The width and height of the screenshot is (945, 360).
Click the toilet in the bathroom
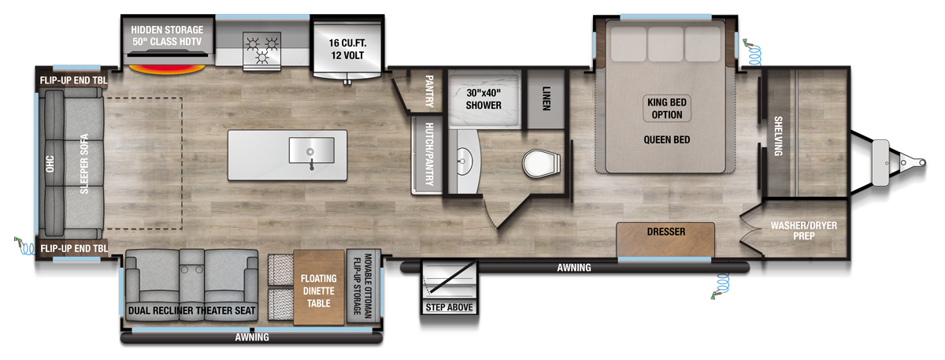(542, 163)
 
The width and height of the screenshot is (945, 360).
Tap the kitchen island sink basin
(313, 149)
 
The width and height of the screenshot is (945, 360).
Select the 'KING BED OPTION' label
(668, 109)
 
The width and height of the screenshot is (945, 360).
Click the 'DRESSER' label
(665, 232)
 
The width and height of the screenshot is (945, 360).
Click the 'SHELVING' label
(777, 135)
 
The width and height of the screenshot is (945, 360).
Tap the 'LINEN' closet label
(547, 98)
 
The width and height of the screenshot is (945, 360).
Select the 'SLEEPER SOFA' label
(83, 167)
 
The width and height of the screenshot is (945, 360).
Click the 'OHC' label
(49, 166)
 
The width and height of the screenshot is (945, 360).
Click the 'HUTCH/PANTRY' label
(429, 154)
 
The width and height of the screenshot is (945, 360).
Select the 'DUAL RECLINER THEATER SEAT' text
(191, 311)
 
